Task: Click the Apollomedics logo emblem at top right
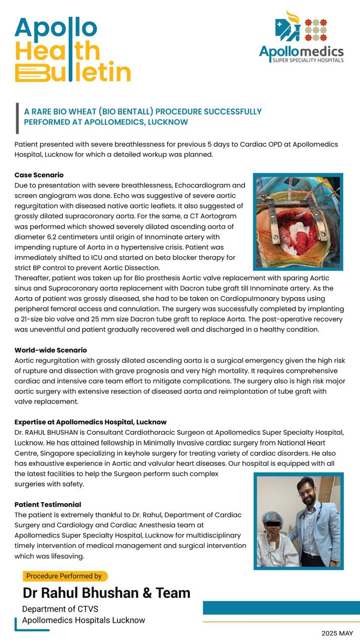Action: coord(301,28)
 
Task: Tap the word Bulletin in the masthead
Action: coord(74,72)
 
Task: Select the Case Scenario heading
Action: coord(39,175)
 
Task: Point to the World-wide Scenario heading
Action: coord(50,350)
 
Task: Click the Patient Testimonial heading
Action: coord(47,505)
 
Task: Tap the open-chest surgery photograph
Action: coord(298,222)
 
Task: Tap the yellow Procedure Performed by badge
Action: coord(64,576)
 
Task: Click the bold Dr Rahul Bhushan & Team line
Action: coord(106,593)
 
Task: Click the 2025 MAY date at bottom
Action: coord(337,633)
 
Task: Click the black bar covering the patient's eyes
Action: coord(272,526)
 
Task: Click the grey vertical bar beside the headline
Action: coord(18,119)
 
